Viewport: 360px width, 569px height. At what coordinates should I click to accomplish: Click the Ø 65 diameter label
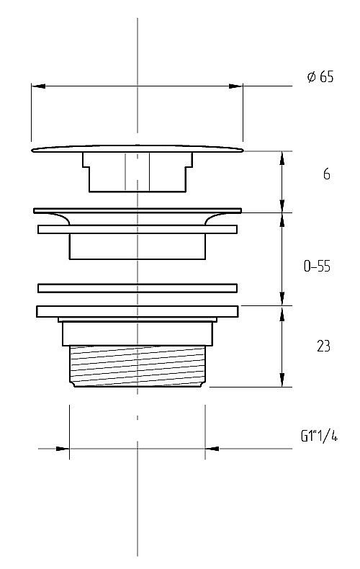pyautogui.click(x=320, y=77)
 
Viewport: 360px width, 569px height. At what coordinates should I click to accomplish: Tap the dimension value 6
pyautogui.click(x=327, y=174)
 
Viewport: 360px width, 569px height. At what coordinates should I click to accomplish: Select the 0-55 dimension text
pyautogui.click(x=317, y=266)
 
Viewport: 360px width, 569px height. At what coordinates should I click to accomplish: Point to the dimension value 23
pyautogui.click(x=323, y=346)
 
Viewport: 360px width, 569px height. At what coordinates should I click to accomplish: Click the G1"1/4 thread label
pyautogui.click(x=319, y=436)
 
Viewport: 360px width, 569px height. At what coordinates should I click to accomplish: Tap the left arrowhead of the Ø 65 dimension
pyautogui.click(x=38, y=86)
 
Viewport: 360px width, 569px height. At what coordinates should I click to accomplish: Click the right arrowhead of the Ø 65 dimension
pyautogui.click(x=235, y=86)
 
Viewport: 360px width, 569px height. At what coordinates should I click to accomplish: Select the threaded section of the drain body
pyautogui.click(x=138, y=366)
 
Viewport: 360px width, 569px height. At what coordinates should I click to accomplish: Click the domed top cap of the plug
pyautogui.click(x=138, y=149)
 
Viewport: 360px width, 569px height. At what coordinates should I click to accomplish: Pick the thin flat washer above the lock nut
pyautogui.click(x=138, y=288)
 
